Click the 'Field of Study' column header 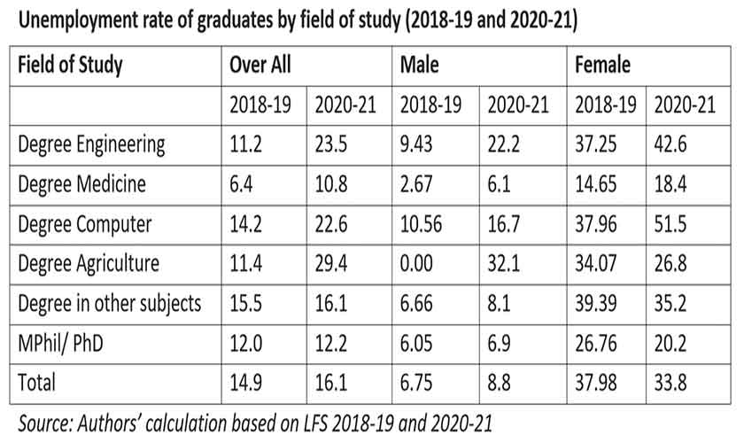point(70,66)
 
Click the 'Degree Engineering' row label point(91,145)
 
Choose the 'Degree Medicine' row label point(81,184)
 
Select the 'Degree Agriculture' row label point(89,263)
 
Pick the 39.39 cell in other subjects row point(602,303)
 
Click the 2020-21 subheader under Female point(683,105)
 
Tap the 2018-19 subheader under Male point(431,105)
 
